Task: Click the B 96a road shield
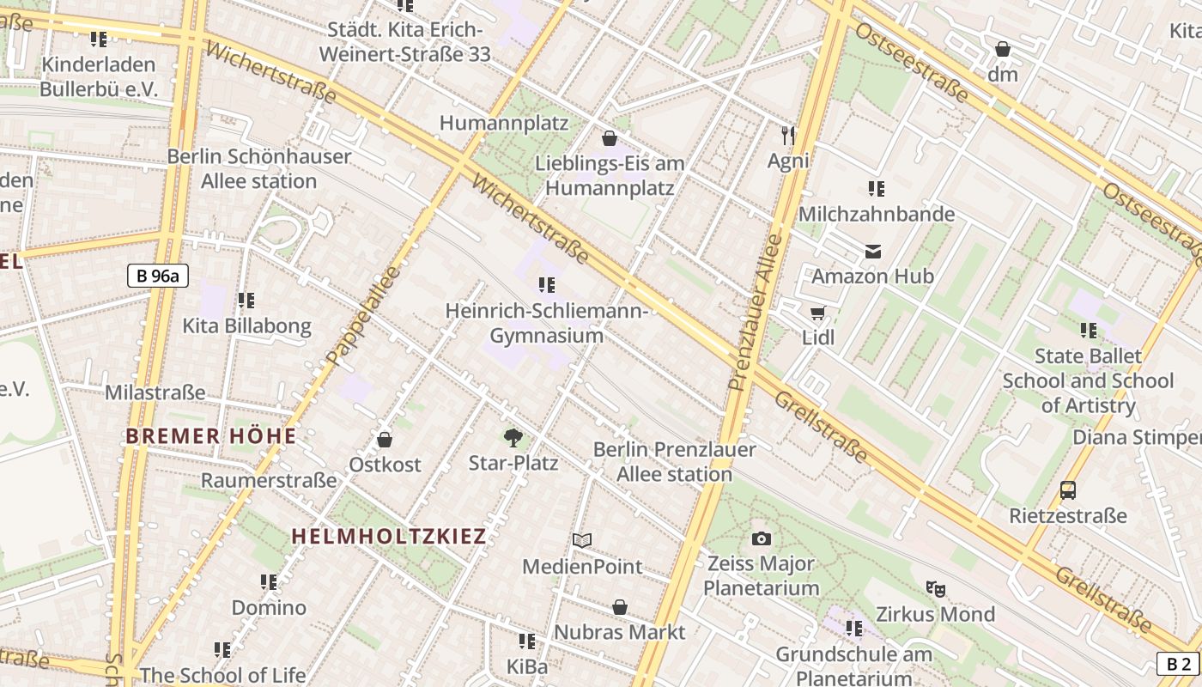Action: point(158,276)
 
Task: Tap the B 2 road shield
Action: point(1179,664)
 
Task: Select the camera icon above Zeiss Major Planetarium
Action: point(761,538)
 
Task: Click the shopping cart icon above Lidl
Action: point(817,313)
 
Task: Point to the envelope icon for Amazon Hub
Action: point(872,252)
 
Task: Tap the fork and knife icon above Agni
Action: point(788,135)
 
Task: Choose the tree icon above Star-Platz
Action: point(513,438)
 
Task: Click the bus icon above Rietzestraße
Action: point(1067,490)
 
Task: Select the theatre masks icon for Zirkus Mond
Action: point(935,589)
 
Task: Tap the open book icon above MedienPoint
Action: point(582,540)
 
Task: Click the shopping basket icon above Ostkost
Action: point(385,440)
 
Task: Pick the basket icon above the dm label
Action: point(1002,49)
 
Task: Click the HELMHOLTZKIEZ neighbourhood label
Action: point(389,536)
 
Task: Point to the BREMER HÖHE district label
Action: point(211,436)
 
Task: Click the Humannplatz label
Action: point(504,123)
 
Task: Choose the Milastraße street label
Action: point(155,392)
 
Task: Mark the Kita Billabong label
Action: point(246,326)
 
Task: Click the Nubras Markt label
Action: point(619,632)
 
